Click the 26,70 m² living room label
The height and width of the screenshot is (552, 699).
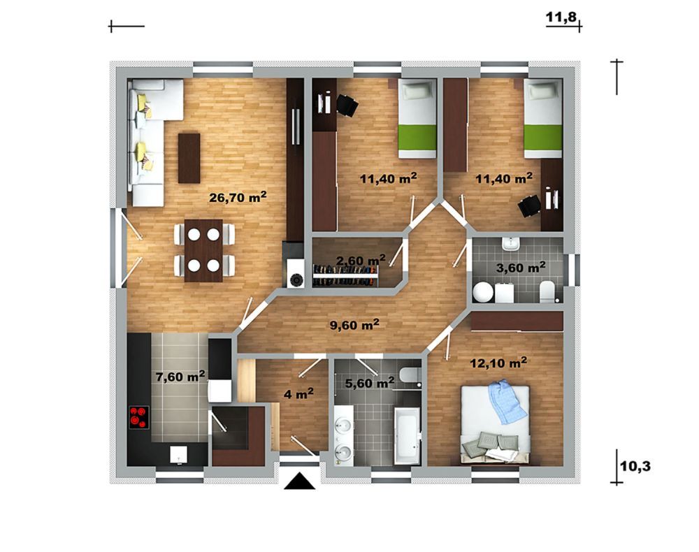coord(238,197)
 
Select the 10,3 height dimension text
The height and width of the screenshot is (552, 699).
coord(635,467)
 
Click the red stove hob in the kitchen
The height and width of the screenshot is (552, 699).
coord(139,417)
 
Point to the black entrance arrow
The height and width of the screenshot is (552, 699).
coord(300,481)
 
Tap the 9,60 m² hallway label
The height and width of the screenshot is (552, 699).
coord(354,325)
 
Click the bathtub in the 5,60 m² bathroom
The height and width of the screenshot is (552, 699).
coord(407,434)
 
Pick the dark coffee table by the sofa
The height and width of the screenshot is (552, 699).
coord(189,158)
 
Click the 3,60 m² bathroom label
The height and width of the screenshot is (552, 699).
coord(521,268)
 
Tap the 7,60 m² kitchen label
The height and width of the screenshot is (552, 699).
coord(180,377)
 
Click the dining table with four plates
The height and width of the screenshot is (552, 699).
coord(203,250)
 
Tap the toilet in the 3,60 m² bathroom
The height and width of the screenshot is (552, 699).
coord(547,291)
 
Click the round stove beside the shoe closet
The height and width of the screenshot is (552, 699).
coord(296,279)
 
